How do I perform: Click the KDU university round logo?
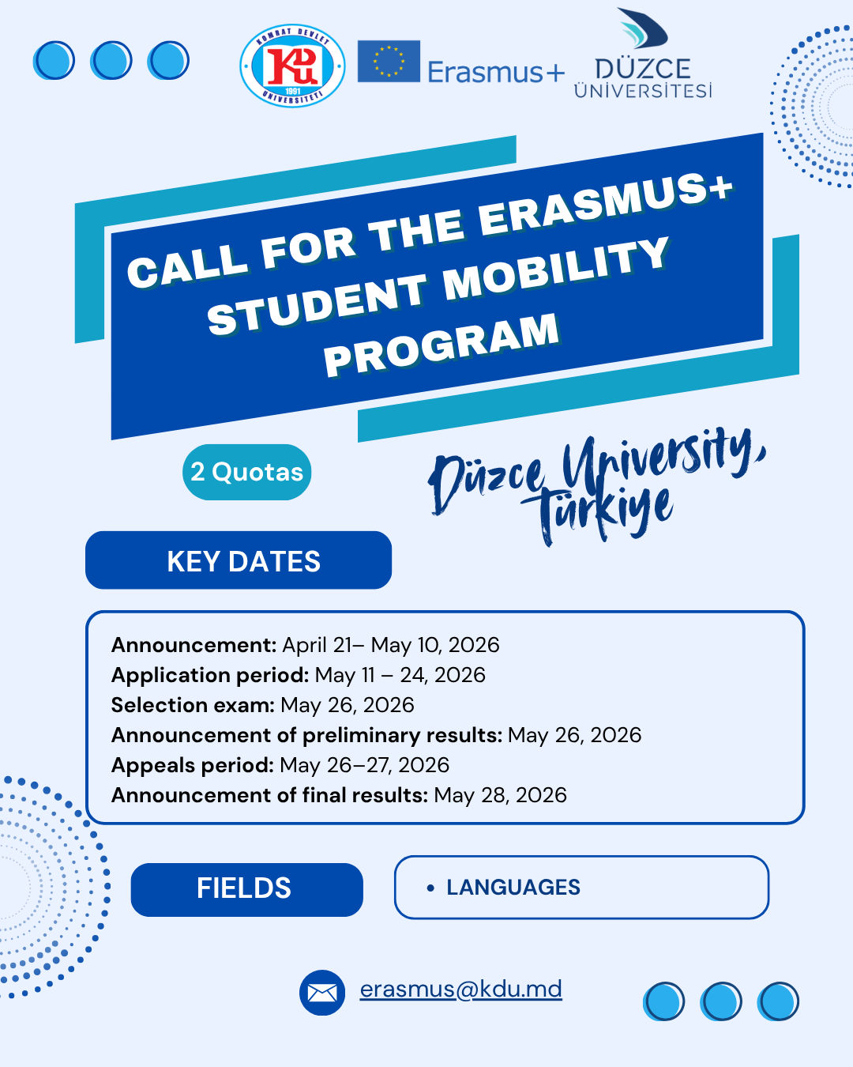292,66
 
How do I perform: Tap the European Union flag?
389,62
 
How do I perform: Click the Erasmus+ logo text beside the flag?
496,73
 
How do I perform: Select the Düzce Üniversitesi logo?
643,54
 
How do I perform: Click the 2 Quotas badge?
247,472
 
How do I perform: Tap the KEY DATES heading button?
239,560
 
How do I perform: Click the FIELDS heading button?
247,888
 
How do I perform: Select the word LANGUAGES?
513,888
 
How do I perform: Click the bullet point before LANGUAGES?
430,888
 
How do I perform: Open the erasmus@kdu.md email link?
461,990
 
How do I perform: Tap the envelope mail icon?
322,993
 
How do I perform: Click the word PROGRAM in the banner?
442,345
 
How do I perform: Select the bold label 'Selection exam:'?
193,705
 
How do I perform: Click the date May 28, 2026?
500,795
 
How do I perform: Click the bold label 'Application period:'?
210,675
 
